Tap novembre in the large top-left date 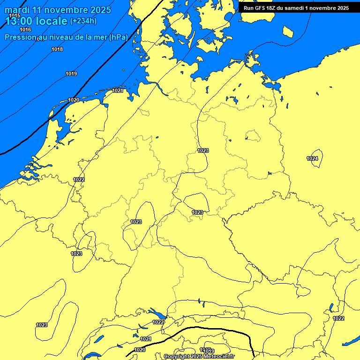pyautogui.click(x=65, y=10)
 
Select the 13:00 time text pyautogui.click(x=19, y=21)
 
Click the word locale pyautogui.click(x=52, y=21)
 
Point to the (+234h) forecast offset pyautogui.click(x=83, y=21)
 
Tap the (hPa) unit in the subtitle pyautogui.click(x=118, y=37)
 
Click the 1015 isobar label pyautogui.click(x=15, y=16)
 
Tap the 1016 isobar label pyautogui.click(x=25, y=30)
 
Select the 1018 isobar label pyautogui.click(x=57, y=49)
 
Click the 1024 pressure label pyautogui.click(x=313, y=158)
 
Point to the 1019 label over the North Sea pyautogui.click(x=71, y=74)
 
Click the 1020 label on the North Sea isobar pyautogui.click(x=74, y=100)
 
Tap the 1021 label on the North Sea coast pyautogui.click(x=118, y=90)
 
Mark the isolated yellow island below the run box pyautogui.click(x=288, y=32)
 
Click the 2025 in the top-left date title pyautogui.click(x=101, y=10)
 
